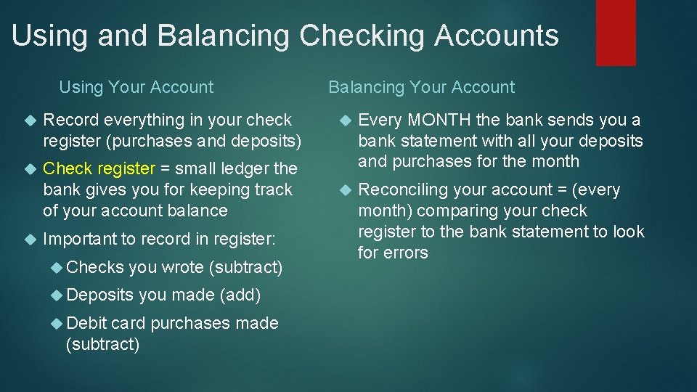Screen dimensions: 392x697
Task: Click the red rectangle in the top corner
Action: [616, 32]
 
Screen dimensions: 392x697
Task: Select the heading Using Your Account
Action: [136, 88]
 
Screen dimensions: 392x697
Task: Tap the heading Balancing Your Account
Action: [421, 88]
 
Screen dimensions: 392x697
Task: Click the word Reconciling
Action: [405, 190]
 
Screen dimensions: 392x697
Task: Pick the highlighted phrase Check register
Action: [99, 169]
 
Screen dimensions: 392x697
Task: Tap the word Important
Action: [81, 239]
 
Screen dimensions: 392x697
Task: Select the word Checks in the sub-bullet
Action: [94, 267]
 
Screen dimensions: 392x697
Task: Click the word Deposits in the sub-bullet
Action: [99, 295]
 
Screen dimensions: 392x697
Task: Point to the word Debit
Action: [86, 323]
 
